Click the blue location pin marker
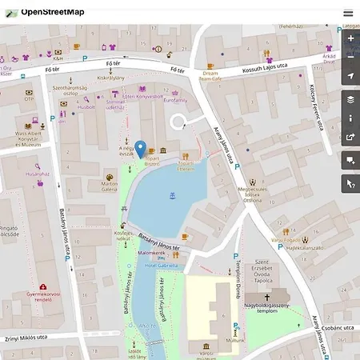(140, 149)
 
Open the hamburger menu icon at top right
(348, 13)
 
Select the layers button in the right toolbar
(350, 99)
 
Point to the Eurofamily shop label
(176, 101)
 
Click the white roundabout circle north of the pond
(179, 122)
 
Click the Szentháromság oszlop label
(66, 90)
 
